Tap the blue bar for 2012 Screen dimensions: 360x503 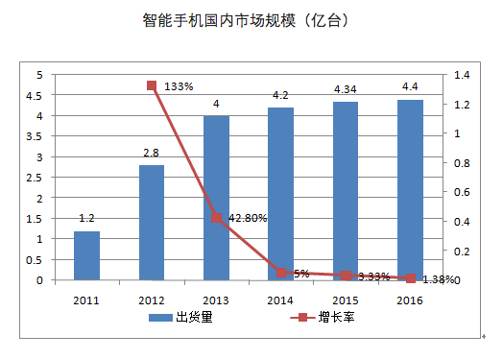[152, 223]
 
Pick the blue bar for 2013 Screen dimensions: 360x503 [216, 198]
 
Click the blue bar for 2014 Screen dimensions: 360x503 [280, 194]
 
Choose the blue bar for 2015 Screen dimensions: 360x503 [346, 191]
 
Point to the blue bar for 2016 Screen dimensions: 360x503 [410, 190]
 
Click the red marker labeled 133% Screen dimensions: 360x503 [152, 85]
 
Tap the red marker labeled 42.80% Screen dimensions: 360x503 [216, 218]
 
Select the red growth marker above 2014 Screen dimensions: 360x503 [281, 273]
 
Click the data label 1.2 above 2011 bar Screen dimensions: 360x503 [86, 220]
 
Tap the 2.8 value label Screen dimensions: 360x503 [152, 153]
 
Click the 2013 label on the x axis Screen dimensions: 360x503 [216, 300]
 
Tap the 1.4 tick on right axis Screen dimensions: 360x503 [462, 75]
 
